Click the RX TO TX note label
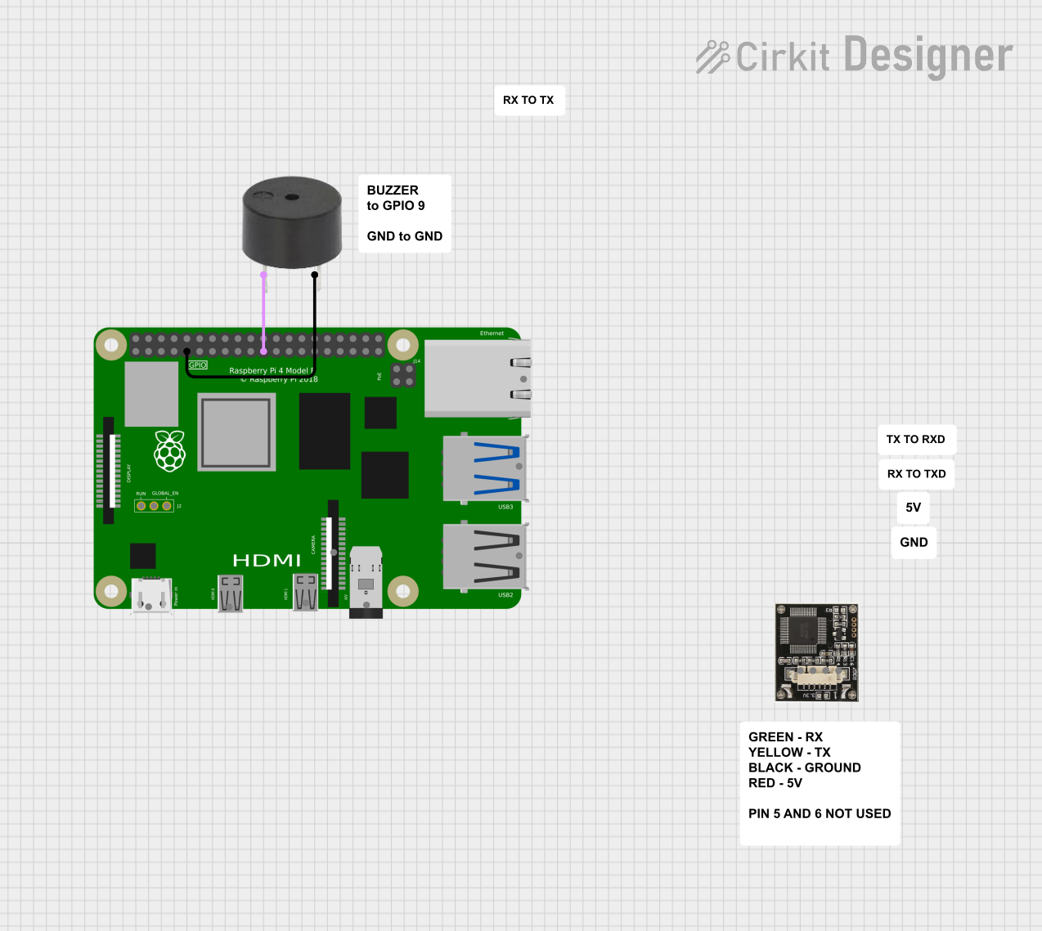(528, 100)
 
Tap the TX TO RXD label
(915, 439)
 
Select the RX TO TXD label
(916, 473)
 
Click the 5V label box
(913, 507)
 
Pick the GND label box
(914, 542)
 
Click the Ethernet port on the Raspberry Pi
(478, 378)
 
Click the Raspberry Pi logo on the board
(170, 450)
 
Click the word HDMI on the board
(267, 561)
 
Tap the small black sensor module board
(816, 652)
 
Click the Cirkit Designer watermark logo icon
(712, 56)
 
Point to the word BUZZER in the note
(393, 190)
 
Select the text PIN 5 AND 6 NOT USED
(820, 813)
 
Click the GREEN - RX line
(785, 736)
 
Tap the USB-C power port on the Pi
(151, 595)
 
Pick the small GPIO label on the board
(198, 365)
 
